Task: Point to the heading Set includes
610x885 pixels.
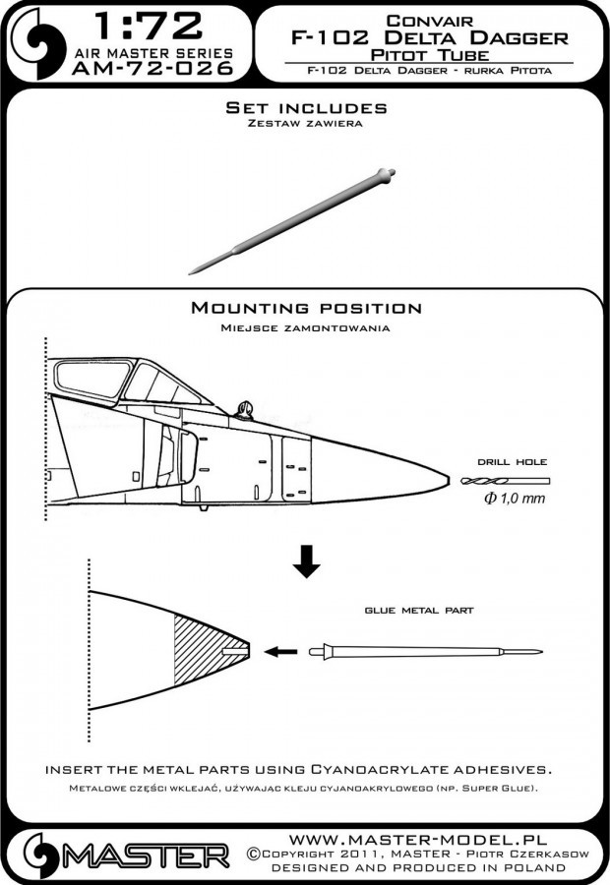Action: (304, 107)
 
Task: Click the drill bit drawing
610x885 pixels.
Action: (503, 481)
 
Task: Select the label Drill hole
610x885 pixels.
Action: (512, 461)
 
